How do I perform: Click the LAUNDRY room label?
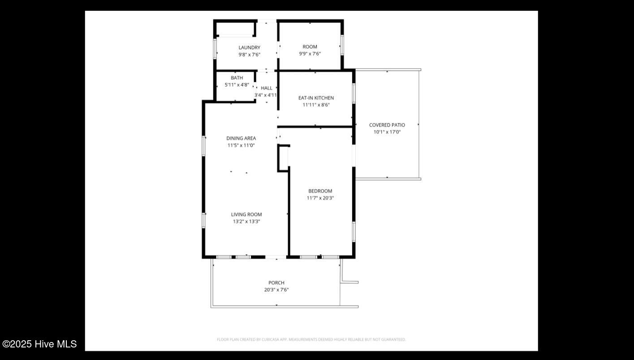tap(249, 48)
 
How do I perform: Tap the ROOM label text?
tap(310, 47)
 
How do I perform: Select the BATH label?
tap(237, 78)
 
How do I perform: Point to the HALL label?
tap(267, 88)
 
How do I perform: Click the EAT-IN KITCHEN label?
tap(316, 98)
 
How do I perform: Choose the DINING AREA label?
tap(241, 138)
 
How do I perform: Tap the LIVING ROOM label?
tap(246, 214)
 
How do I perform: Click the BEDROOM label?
tap(320, 191)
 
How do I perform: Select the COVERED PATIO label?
tap(387, 125)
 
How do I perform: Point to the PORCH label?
tap(276, 282)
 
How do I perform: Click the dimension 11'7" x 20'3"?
tap(320, 198)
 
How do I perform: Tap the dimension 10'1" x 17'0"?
tap(387, 132)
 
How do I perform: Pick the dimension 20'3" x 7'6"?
tap(276, 290)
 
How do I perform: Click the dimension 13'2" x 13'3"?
tap(246, 221)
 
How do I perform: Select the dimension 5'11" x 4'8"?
tap(237, 85)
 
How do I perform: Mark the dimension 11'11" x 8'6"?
tap(316, 105)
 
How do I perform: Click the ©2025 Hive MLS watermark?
tap(39, 344)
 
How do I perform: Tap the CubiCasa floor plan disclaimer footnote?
tap(311, 339)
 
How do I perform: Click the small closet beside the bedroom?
tap(283, 158)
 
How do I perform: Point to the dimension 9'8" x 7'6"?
tap(249, 55)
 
